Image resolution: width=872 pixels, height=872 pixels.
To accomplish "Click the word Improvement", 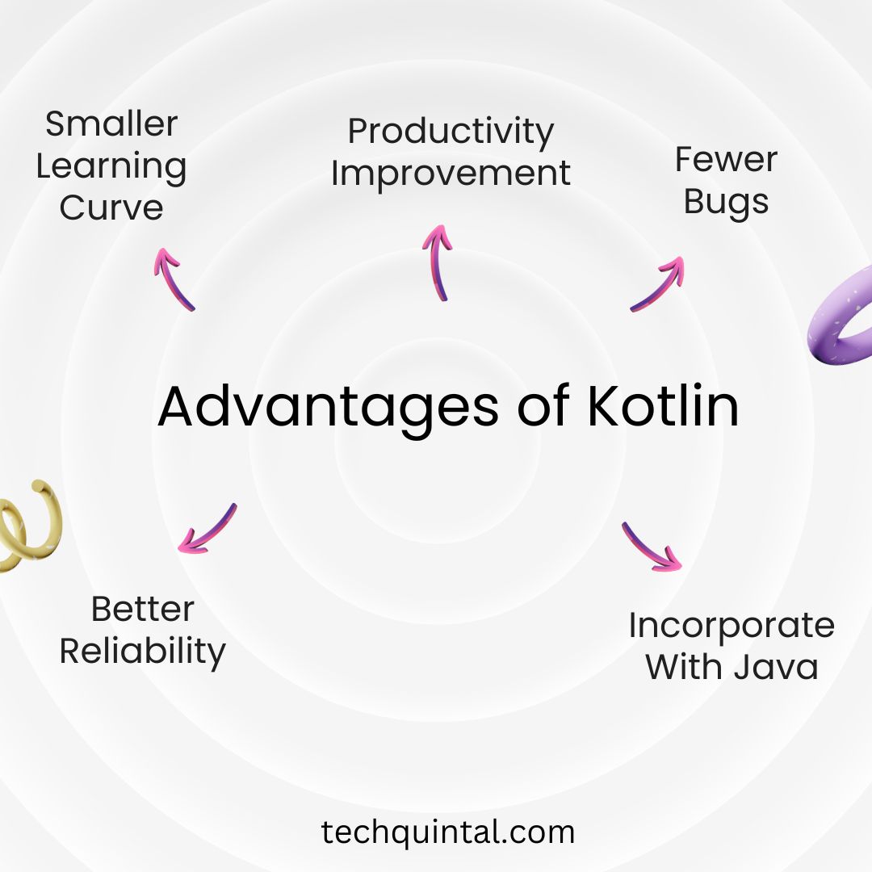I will [451, 174].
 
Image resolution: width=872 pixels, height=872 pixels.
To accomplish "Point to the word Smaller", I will [111, 124].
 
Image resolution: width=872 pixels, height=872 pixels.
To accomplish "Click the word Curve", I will [111, 208].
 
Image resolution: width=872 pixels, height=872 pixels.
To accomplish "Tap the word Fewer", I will [726, 160].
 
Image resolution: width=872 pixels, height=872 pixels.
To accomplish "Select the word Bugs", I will [726, 202].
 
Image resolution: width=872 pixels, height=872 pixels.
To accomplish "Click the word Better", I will [143, 609].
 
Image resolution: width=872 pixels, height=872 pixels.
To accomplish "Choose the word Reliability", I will [143, 651].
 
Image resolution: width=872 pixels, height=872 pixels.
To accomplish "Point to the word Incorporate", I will [732, 626].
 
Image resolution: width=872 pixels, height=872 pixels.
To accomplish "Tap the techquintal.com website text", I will [448, 832].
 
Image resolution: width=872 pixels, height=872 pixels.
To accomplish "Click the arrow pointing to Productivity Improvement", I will [437, 262].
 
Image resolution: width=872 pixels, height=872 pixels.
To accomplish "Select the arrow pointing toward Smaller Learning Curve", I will [173, 278].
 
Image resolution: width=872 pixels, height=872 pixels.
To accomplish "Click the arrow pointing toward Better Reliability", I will [208, 529].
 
